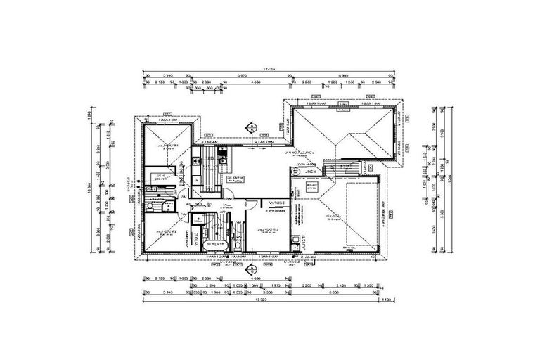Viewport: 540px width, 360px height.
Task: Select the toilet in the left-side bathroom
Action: coord(161,206)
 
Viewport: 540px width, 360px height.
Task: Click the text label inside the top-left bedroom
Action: coord(167,147)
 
